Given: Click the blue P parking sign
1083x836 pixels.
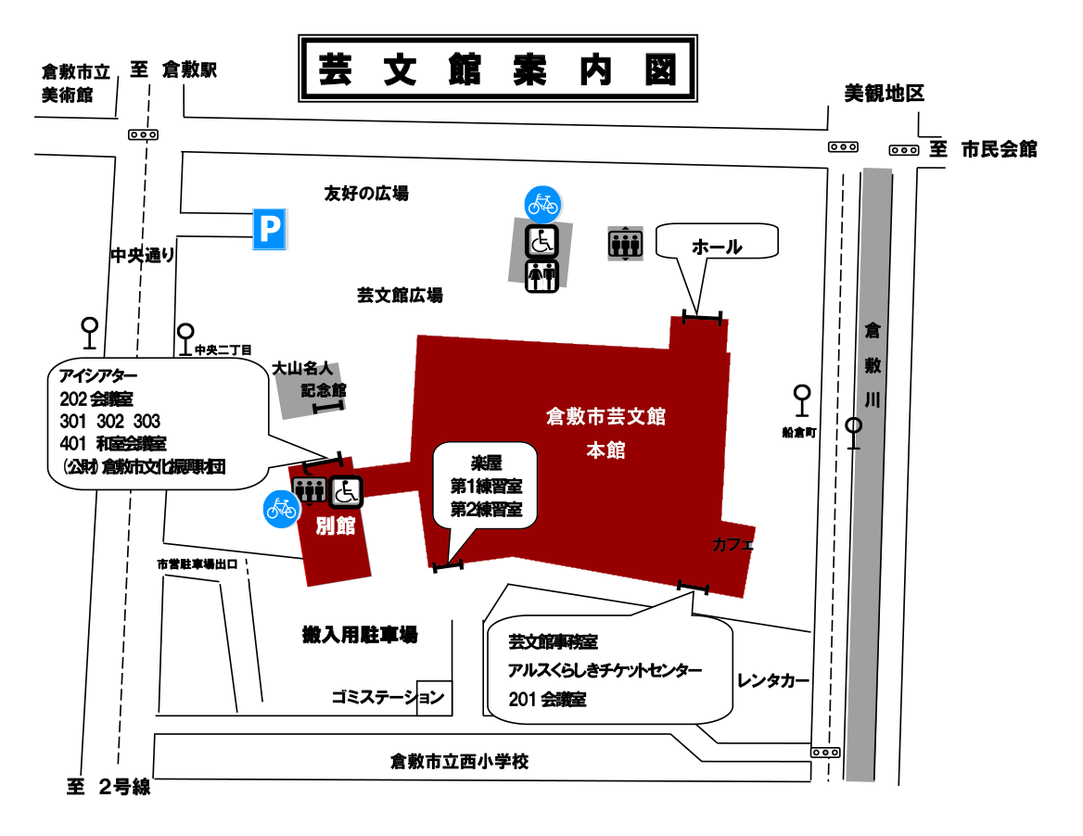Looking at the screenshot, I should pyautogui.click(x=269, y=229).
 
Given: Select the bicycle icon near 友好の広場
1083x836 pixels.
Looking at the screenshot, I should pyautogui.click(x=542, y=203).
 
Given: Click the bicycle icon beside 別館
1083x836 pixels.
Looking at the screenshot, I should pyautogui.click(x=282, y=508).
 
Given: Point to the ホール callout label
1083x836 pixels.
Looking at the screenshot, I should pyautogui.click(x=717, y=247).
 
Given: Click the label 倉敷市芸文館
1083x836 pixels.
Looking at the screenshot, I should pyautogui.click(x=605, y=416).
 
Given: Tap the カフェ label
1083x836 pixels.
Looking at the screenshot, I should pyautogui.click(x=733, y=545).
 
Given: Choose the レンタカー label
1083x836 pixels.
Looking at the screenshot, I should pyautogui.click(x=773, y=681).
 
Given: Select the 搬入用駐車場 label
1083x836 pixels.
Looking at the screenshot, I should pyautogui.click(x=360, y=635).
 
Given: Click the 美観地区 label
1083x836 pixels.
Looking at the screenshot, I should pyautogui.click(x=884, y=93).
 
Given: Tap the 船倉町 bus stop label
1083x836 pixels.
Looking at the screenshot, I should pyautogui.click(x=798, y=432).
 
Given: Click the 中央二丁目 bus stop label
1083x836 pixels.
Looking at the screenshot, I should pyautogui.click(x=223, y=350).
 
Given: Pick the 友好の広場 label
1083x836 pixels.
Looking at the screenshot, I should pyautogui.click(x=366, y=194).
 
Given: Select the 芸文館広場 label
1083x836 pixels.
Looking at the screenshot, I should pyautogui.click(x=400, y=295).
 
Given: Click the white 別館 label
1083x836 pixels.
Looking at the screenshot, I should pyautogui.click(x=336, y=526).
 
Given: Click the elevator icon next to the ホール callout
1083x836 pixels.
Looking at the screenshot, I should pyautogui.click(x=625, y=244).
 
